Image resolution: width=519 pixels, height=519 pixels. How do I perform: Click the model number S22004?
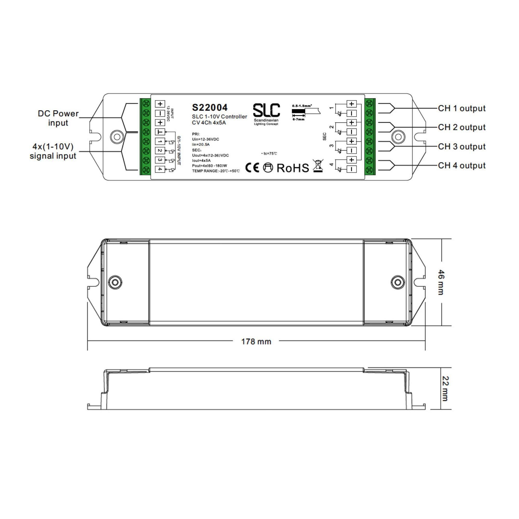210,107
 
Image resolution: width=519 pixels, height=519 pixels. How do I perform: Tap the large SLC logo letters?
266,110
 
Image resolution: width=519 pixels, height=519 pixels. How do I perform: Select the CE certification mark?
252,168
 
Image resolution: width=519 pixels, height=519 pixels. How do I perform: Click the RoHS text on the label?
293,168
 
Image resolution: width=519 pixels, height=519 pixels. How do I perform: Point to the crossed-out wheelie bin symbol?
318,166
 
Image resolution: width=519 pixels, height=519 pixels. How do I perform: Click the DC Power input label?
58,118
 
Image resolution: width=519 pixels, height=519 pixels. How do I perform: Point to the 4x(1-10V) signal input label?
53,151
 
